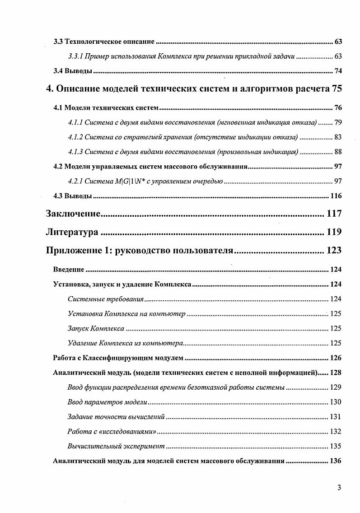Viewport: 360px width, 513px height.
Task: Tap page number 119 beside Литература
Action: pos(333,233)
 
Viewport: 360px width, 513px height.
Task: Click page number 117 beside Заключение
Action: pos(333,214)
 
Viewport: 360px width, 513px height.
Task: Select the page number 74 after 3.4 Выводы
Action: pos(338,71)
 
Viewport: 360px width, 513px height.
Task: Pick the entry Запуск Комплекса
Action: pos(96,328)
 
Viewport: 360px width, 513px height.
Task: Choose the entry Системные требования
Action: pos(106,299)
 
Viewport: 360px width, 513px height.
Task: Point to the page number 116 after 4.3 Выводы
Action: pos(336,196)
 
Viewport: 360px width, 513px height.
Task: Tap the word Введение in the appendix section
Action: pos(69,270)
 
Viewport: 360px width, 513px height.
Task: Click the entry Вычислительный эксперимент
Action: pos(116,446)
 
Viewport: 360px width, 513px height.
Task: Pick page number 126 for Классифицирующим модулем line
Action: pos(336,358)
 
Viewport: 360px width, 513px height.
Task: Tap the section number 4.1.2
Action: pos(75,137)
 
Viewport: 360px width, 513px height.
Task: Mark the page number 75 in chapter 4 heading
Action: pos(337,89)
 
